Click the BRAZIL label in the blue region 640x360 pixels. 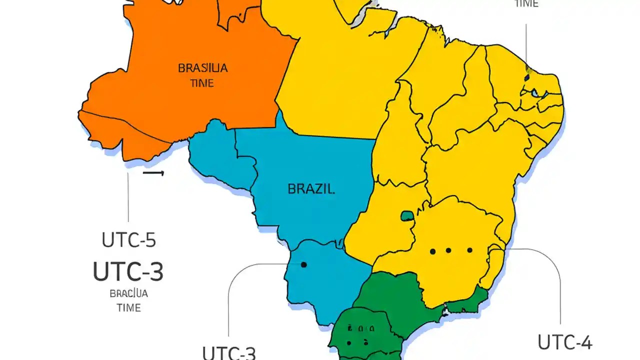[x=311, y=189]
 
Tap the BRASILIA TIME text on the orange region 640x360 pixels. [x=202, y=75]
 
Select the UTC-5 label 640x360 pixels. [x=129, y=240]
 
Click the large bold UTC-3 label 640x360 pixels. [x=128, y=271]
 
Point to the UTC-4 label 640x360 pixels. [x=564, y=343]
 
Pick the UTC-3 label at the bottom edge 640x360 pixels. [x=229, y=353]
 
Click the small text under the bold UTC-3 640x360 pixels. [x=129, y=300]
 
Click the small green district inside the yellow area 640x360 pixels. [x=407, y=216]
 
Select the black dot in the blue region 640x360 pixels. [x=303, y=265]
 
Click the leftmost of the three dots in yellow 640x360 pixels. [x=432, y=251]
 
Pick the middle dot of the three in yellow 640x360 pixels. [x=448, y=250]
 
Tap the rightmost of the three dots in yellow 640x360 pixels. [x=469, y=250]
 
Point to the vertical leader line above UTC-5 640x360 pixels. [x=128, y=197]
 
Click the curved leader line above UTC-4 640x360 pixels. [x=555, y=270]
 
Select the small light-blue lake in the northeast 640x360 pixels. [x=535, y=93]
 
